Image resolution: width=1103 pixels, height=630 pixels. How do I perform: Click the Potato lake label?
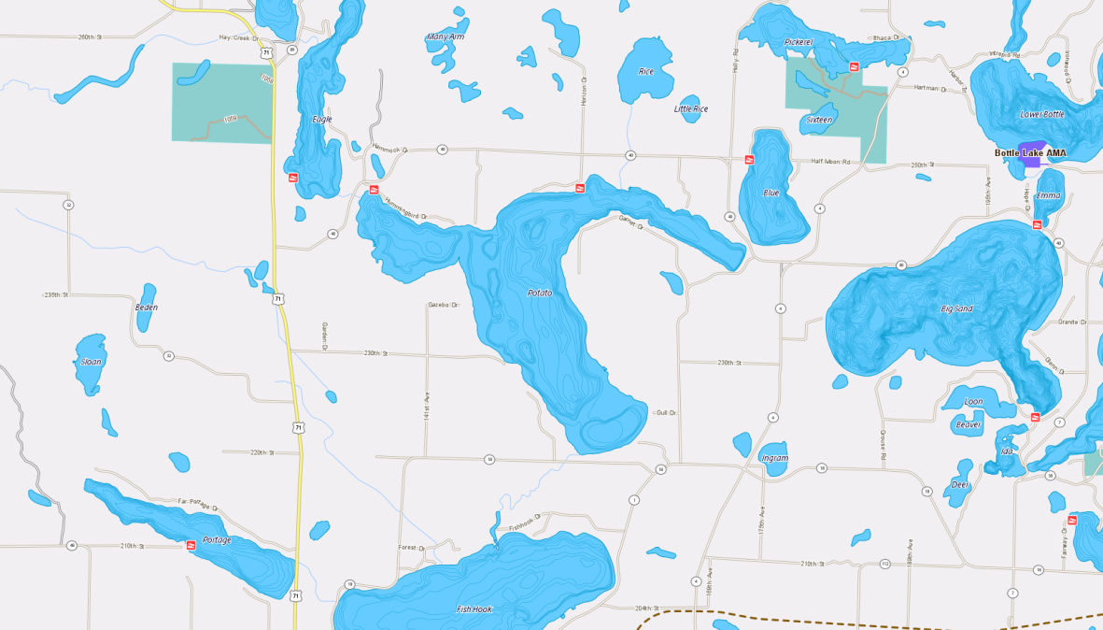coord(540,293)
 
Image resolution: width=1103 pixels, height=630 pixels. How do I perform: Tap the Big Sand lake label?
coord(957,308)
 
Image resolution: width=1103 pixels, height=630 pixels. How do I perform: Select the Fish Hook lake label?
coord(474,609)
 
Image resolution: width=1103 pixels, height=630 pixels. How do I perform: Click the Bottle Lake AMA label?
coord(1029,152)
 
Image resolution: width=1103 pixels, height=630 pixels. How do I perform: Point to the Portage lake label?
coord(217,540)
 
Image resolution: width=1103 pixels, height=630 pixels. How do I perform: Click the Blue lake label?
coord(771,193)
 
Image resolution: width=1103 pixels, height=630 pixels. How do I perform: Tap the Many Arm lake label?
coord(445,37)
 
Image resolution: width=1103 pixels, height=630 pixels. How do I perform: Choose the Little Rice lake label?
coord(691,109)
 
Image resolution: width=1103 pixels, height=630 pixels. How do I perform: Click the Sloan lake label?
coord(91,362)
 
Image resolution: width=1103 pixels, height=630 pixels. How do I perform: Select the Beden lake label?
coord(147,308)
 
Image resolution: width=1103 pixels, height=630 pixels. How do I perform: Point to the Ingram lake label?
coord(774,458)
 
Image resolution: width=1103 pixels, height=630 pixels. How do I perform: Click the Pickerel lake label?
coord(799,42)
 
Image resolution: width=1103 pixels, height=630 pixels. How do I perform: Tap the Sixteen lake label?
coord(819,120)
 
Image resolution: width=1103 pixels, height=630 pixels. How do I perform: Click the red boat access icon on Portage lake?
coord(191,545)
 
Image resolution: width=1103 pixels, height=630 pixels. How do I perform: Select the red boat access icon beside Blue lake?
coord(749,160)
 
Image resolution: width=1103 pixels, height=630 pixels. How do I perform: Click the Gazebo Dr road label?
coord(444,305)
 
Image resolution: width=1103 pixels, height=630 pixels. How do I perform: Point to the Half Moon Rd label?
coord(831,162)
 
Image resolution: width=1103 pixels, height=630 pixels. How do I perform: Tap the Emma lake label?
coord(1048,195)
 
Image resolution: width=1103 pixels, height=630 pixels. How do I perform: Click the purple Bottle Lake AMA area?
coord(1031,162)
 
